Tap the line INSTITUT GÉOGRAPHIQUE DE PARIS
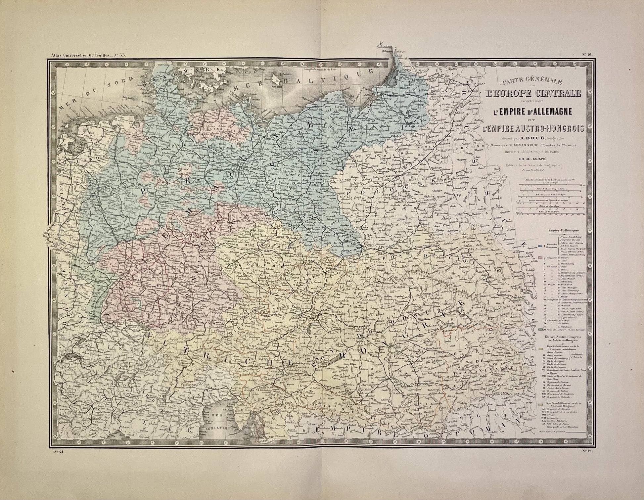point(529,152)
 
